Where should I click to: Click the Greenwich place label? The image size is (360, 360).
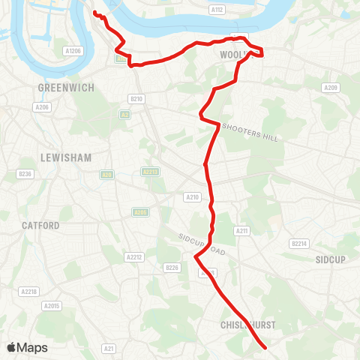coord(66,88)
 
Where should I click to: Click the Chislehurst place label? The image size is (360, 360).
coord(249,325)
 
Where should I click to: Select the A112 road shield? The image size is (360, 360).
coord(217,10)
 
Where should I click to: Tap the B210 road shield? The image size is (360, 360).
coord(136,98)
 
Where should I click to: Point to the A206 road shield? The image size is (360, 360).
coord(41,107)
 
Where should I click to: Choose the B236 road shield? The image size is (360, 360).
coord(25,174)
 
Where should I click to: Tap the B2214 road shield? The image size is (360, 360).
coord(299,243)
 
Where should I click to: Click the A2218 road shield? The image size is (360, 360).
coord(29,291)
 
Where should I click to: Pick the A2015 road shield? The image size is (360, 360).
coord(52,306)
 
